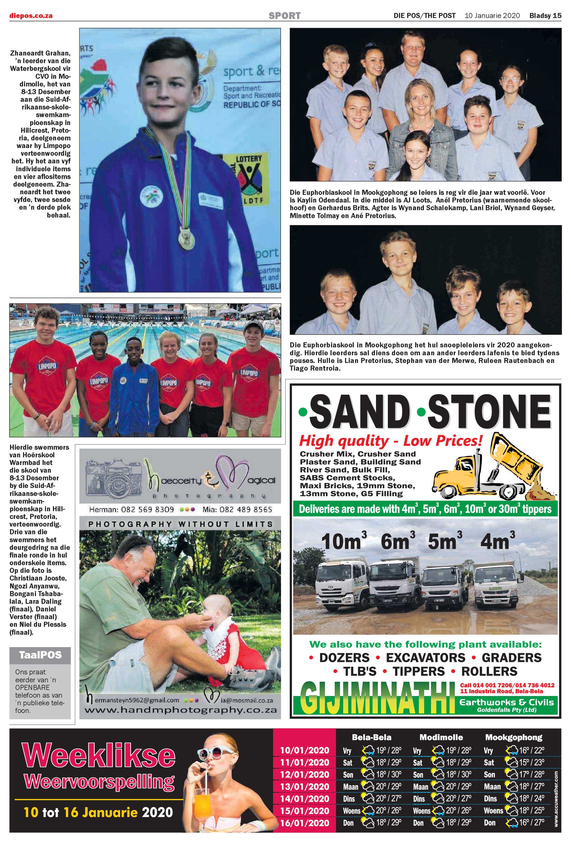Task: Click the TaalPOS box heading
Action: coord(40,655)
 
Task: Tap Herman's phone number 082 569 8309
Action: coord(132,509)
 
